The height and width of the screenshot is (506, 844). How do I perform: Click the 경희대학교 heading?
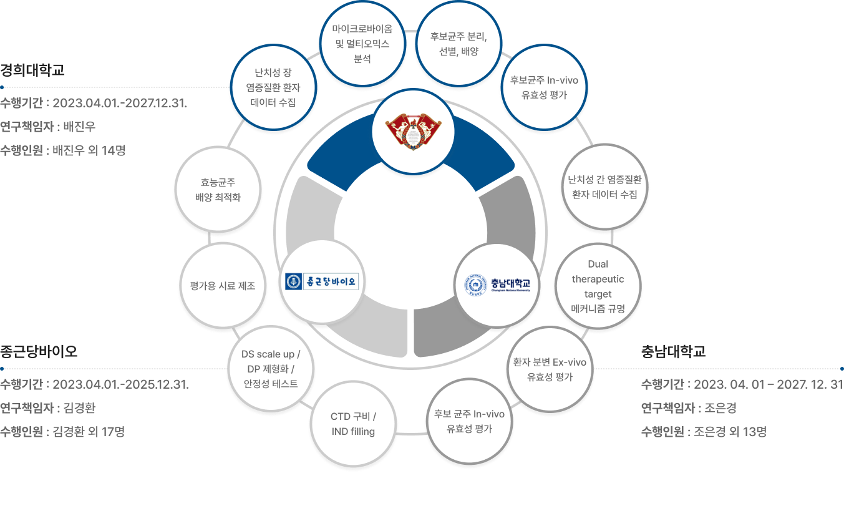point(32,70)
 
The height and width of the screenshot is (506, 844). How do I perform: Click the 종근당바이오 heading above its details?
point(39,351)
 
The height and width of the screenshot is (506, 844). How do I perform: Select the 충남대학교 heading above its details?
point(673,351)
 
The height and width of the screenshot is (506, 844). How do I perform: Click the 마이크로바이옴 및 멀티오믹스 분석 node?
point(362,44)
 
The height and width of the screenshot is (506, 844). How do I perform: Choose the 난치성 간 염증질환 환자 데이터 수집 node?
point(604,187)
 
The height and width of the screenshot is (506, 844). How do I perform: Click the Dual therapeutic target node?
point(598,286)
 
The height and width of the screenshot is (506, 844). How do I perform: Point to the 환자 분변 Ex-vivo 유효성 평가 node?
point(550,369)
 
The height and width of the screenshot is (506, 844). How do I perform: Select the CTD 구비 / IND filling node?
point(353,424)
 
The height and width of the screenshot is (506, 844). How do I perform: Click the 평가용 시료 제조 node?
point(222,286)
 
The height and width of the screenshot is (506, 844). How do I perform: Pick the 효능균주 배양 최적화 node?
point(218,190)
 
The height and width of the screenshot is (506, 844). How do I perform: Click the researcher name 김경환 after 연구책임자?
point(79,408)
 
